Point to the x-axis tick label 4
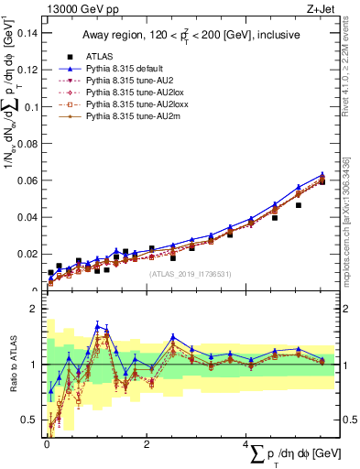tap(245, 443)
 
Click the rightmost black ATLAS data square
tap(322, 181)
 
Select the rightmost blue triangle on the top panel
tap(322, 174)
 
